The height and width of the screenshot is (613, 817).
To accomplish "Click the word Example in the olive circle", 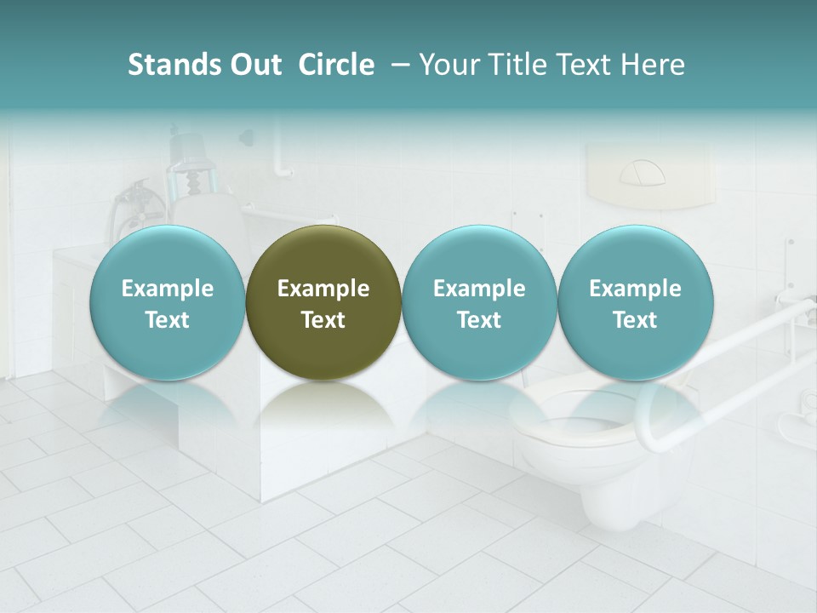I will click(323, 289).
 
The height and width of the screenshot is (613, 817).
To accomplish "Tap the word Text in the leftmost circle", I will click(167, 320).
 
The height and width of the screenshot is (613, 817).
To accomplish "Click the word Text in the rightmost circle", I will click(635, 320).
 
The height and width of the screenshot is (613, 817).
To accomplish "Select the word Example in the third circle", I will click(479, 289).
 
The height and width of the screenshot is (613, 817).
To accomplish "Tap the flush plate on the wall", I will click(643, 175).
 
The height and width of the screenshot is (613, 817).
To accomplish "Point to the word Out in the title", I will click(254, 65).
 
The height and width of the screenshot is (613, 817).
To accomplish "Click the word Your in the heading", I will click(448, 65).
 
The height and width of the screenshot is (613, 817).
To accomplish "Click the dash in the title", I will click(400, 65).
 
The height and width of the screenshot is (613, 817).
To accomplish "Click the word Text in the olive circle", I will click(323, 320).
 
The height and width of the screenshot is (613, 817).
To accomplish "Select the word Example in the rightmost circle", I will click(635, 289).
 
